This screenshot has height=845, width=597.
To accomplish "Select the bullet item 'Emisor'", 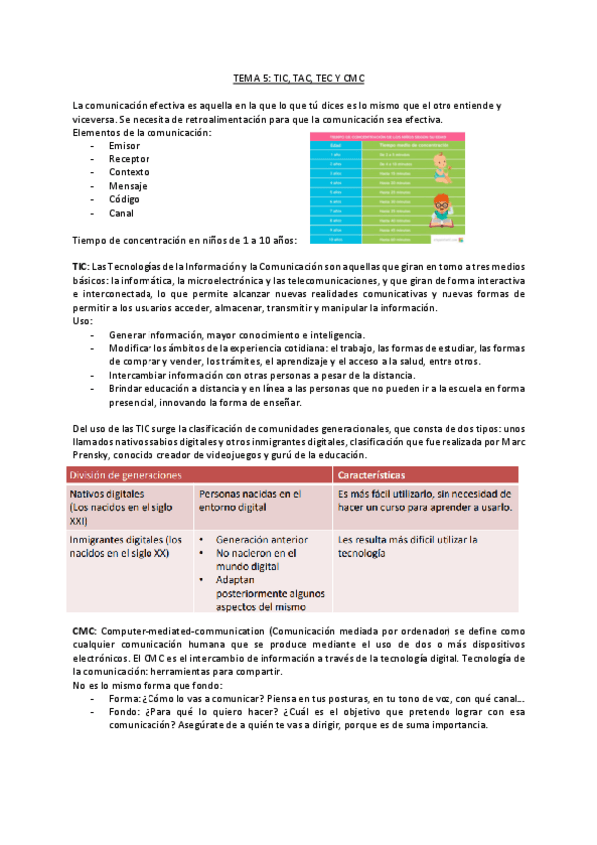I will click(x=125, y=145).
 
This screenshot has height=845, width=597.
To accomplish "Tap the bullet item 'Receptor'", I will click(x=129, y=159).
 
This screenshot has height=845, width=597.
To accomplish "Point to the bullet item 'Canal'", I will click(x=121, y=213).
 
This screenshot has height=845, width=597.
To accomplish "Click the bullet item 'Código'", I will click(x=126, y=199).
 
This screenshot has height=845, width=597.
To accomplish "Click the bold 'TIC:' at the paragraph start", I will click(x=80, y=268).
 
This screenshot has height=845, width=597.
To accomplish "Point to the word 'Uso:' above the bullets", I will click(x=83, y=321).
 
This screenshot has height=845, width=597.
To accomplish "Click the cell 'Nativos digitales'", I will click(x=107, y=494).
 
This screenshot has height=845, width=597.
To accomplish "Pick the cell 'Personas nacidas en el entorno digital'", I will click(x=250, y=500).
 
